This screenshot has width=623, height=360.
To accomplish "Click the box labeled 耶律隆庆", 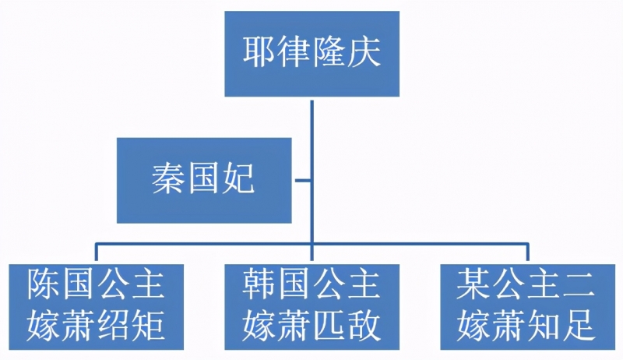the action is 312,54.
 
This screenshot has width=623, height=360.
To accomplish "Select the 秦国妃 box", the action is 204,181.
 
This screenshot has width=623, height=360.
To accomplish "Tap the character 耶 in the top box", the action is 259,52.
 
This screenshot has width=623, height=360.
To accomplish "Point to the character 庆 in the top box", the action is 364,52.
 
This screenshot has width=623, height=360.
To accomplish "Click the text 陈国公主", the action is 96,284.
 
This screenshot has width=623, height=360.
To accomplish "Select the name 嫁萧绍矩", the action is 96,326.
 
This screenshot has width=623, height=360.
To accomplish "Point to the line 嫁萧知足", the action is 526,326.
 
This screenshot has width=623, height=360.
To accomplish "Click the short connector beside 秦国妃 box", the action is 303,181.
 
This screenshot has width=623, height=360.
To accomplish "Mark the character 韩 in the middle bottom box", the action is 259,284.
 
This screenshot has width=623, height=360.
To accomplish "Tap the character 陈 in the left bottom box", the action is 44,284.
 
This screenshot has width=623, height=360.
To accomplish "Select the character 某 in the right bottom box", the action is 474,284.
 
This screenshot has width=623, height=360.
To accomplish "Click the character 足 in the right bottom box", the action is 578,326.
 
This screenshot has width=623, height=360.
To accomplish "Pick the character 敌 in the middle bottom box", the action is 363,326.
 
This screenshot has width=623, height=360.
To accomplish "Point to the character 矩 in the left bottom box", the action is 148,326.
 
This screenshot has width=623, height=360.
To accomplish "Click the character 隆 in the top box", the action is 329,52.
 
